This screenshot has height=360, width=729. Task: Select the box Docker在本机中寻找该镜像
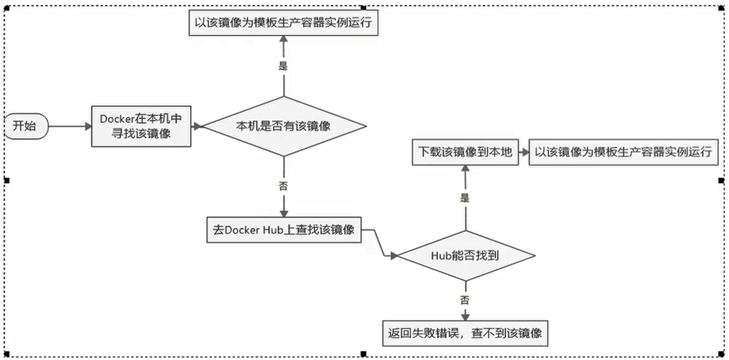[x=141, y=126]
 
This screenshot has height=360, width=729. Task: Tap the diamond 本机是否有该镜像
[x=283, y=126]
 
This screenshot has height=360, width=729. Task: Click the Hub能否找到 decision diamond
[x=465, y=255]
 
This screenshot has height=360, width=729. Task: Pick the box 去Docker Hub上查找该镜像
[x=283, y=229]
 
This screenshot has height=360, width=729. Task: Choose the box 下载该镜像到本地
[x=465, y=152]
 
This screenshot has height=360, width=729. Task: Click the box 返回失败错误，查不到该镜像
[x=465, y=332]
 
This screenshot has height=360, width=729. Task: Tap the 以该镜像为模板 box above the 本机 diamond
[x=283, y=24]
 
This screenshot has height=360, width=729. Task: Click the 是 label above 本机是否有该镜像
[x=283, y=66]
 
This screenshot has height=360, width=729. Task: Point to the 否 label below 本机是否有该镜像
[x=283, y=186]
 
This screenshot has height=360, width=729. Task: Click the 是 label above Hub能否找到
[x=465, y=198]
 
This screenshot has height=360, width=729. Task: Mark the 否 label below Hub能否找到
[x=465, y=300]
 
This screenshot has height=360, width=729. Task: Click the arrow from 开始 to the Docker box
[x=70, y=126]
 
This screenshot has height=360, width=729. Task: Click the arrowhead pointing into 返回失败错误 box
[x=465, y=316]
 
